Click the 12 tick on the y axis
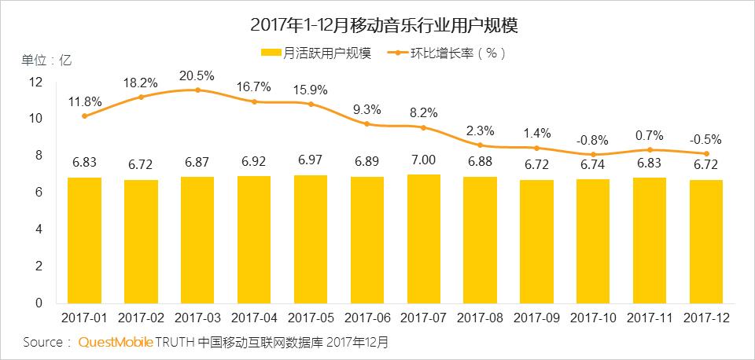pyautogui.click(x=35, y=82)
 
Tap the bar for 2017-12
pyautogui.click(x=706, y=241)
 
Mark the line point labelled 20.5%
pyautogui.click(x=197, y=90)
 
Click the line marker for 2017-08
pyautogui.click(x=481, y=145)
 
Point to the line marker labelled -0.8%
pyautogui.click(x=593, y=155)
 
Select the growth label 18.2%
pyautogui.click(x=141, y=83)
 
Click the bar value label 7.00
pyautogui.click(x=424, y=160)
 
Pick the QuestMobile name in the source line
pyautogui.click(x=115, y=343)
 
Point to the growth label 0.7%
pyautogui.click(x=650, y=135)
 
